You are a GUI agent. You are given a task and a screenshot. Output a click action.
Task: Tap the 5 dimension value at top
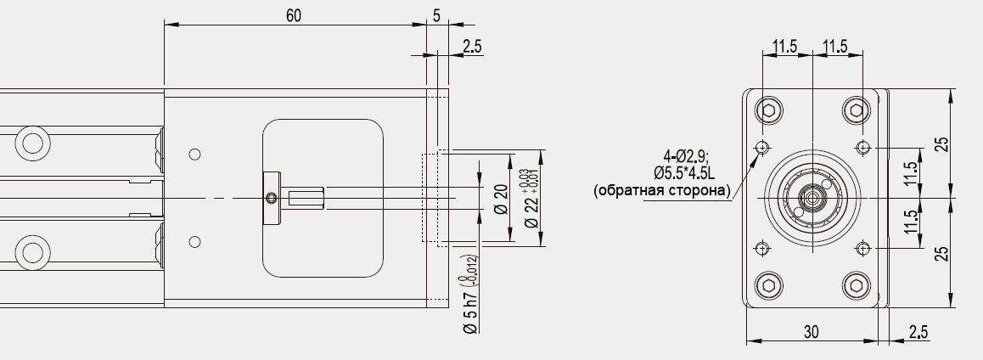[x=436, y=16]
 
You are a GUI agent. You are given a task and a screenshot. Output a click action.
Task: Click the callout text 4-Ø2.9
[x=686, y=156]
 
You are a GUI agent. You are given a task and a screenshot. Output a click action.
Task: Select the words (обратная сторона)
[x=662, y=190]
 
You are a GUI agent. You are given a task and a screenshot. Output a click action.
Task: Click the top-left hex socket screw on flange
[x=770, y=110]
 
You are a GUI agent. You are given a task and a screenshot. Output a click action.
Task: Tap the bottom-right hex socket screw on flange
[x=856, y=284]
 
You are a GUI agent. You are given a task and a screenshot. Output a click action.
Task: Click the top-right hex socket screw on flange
[x=856, y=110]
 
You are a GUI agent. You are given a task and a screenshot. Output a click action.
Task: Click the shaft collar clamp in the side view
[x=271, y=199]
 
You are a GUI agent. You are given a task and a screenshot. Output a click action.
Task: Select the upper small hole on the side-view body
[x=195, y=154]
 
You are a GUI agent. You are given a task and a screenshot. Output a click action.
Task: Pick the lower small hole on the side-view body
[x=195, y=242]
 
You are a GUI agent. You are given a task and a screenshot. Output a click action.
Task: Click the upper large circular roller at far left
[x=33, y=141]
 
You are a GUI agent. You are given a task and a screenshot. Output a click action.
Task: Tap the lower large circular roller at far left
[x=33, y=252]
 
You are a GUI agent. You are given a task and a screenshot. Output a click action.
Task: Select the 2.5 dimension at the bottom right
[x=917, y=333]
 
